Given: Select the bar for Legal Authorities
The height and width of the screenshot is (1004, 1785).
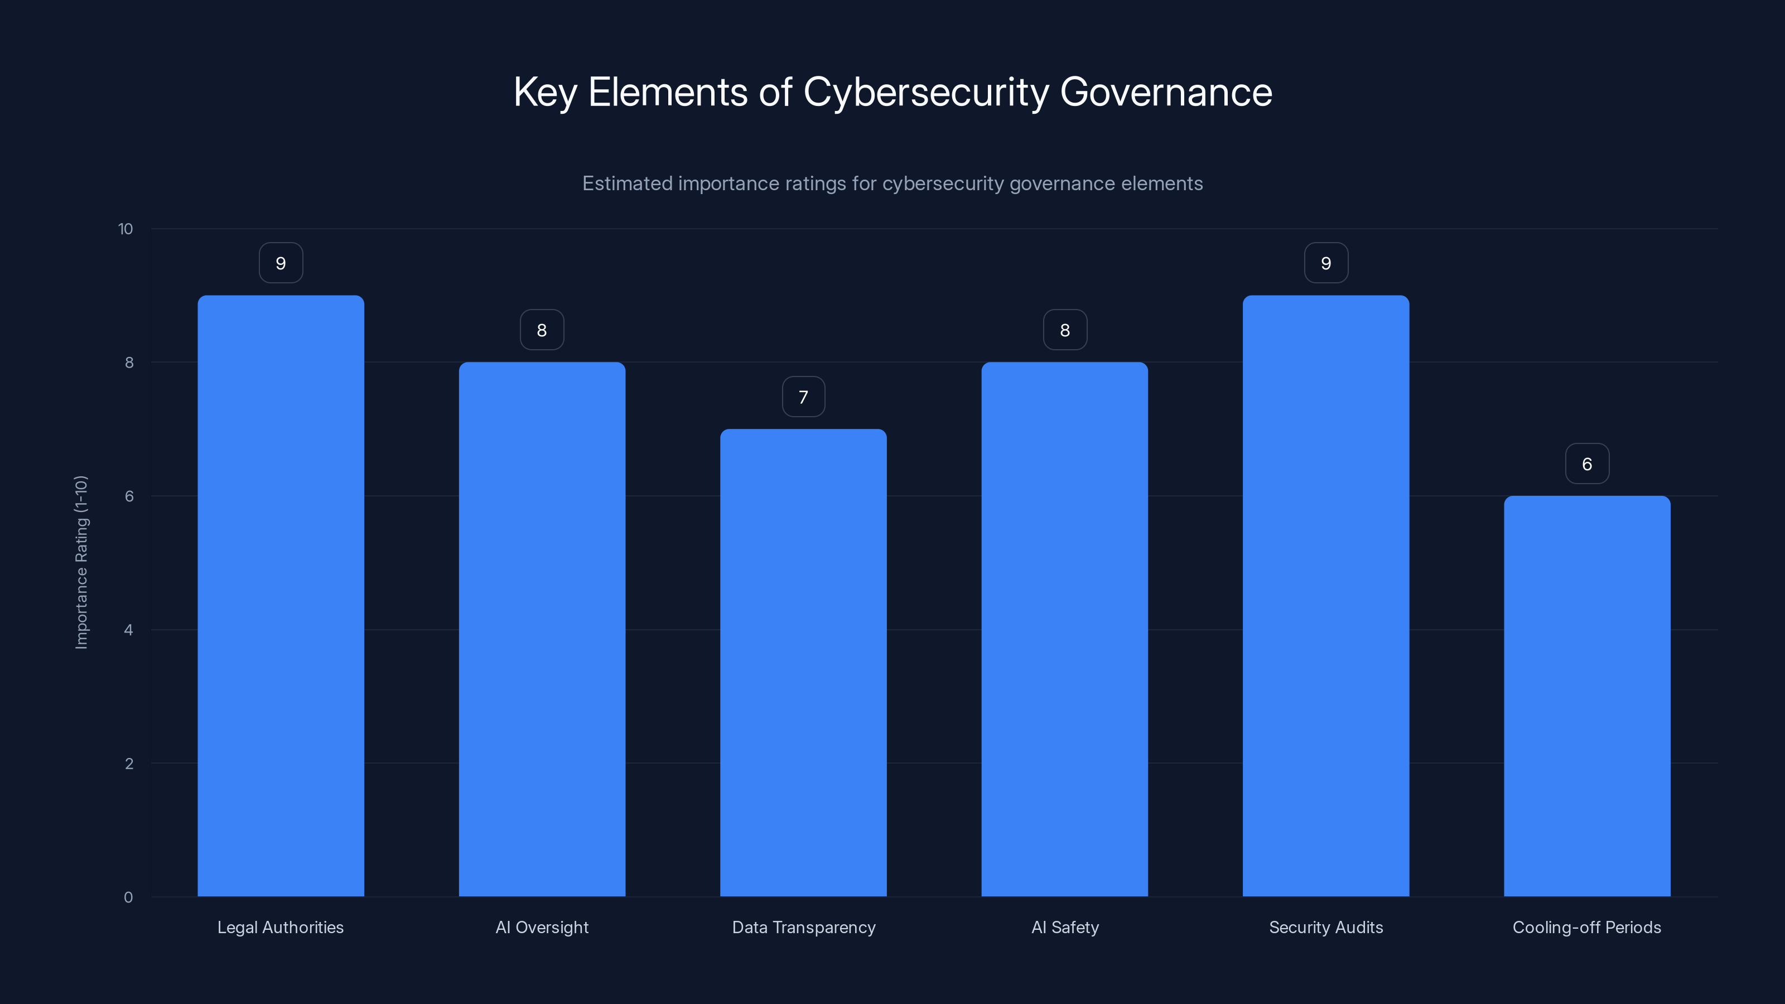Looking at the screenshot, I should pyautogui.click(x=281, y=596).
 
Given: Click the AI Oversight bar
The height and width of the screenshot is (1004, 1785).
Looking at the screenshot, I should pyautogui.click(x=542, y=629).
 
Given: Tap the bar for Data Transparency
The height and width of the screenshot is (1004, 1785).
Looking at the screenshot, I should pyautogui.click(x=803, y=663).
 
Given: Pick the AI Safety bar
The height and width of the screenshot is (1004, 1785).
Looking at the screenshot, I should pyautogui.click(x=1064, y=629).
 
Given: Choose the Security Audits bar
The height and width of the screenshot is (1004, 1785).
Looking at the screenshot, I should pyautogui.click(x=1325, y=596).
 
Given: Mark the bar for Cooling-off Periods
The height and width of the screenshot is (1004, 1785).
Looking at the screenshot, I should pyautogui.click(x=1587, y=696).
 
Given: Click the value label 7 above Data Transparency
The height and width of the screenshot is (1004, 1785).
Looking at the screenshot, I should pyautogui.click(x=803, y=397).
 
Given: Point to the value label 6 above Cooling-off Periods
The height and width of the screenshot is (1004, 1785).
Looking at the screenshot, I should pyautogui.click(x=1587, y=464).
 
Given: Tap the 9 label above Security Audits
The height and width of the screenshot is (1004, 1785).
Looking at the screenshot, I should pyautogui.click(x=1325, y=263).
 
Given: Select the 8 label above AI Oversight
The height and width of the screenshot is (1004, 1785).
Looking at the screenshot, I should pyautogui.click(x=542, y=331).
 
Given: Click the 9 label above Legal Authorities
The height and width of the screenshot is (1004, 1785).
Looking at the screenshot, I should pyautogui.click(x=281, y=263).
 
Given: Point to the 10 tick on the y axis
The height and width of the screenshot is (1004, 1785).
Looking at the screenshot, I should pyautogui.click(x=126, y=229).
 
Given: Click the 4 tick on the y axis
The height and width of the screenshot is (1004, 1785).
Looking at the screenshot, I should pyautogui.click(x=128, y=630).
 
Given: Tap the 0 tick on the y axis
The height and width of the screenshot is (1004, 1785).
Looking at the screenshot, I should pyautogui.click(x=128, y=897).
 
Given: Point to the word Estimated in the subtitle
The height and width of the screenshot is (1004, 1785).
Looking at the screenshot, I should pyautogui.click(x=627, y=184).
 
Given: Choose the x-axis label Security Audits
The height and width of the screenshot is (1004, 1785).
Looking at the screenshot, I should pyautogui.click(x=1325, y=927).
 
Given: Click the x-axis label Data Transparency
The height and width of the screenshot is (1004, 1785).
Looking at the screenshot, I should pyautogui.click(x=803, y=927).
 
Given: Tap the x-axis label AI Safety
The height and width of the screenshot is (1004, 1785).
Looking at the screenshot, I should pyautogui.click(x=1064, y=927).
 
